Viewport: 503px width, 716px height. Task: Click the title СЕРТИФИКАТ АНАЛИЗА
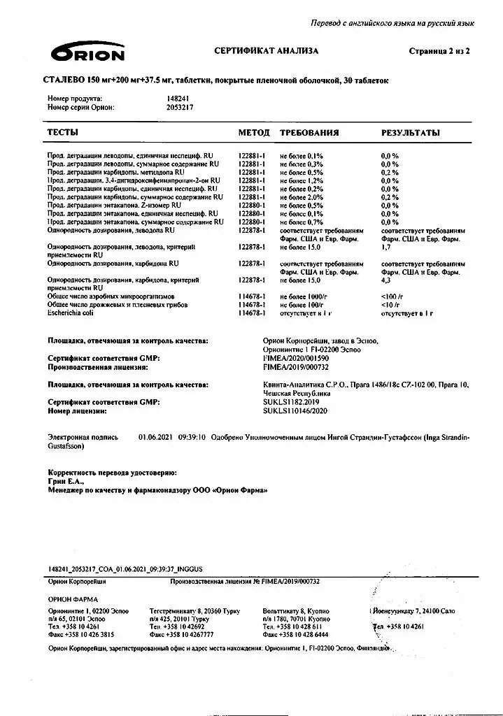[266, 51]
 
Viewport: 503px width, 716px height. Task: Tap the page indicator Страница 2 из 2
[439, 51]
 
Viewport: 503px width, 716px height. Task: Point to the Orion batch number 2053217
[180, 108]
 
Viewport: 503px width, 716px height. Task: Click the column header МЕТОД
[253, 132]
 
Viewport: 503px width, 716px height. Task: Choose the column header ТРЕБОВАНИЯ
[309, 132]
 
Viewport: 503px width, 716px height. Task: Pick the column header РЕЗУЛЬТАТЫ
[410, 132]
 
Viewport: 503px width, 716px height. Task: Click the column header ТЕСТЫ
[62, 132]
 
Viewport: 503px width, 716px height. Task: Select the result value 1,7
[385, 247]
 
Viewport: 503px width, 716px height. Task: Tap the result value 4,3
[385, 280]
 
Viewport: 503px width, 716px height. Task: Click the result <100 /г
[392, 296]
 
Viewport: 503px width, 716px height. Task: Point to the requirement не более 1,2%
[302, 180]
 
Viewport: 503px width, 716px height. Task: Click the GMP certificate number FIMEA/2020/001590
[296, 358]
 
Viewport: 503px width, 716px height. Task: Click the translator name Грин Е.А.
[66, 482]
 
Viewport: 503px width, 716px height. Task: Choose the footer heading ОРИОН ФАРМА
[73, 599]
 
